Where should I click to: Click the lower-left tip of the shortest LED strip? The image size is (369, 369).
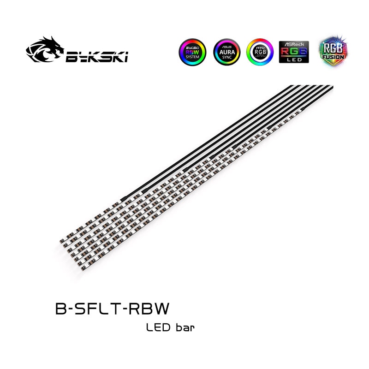(62, 242)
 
